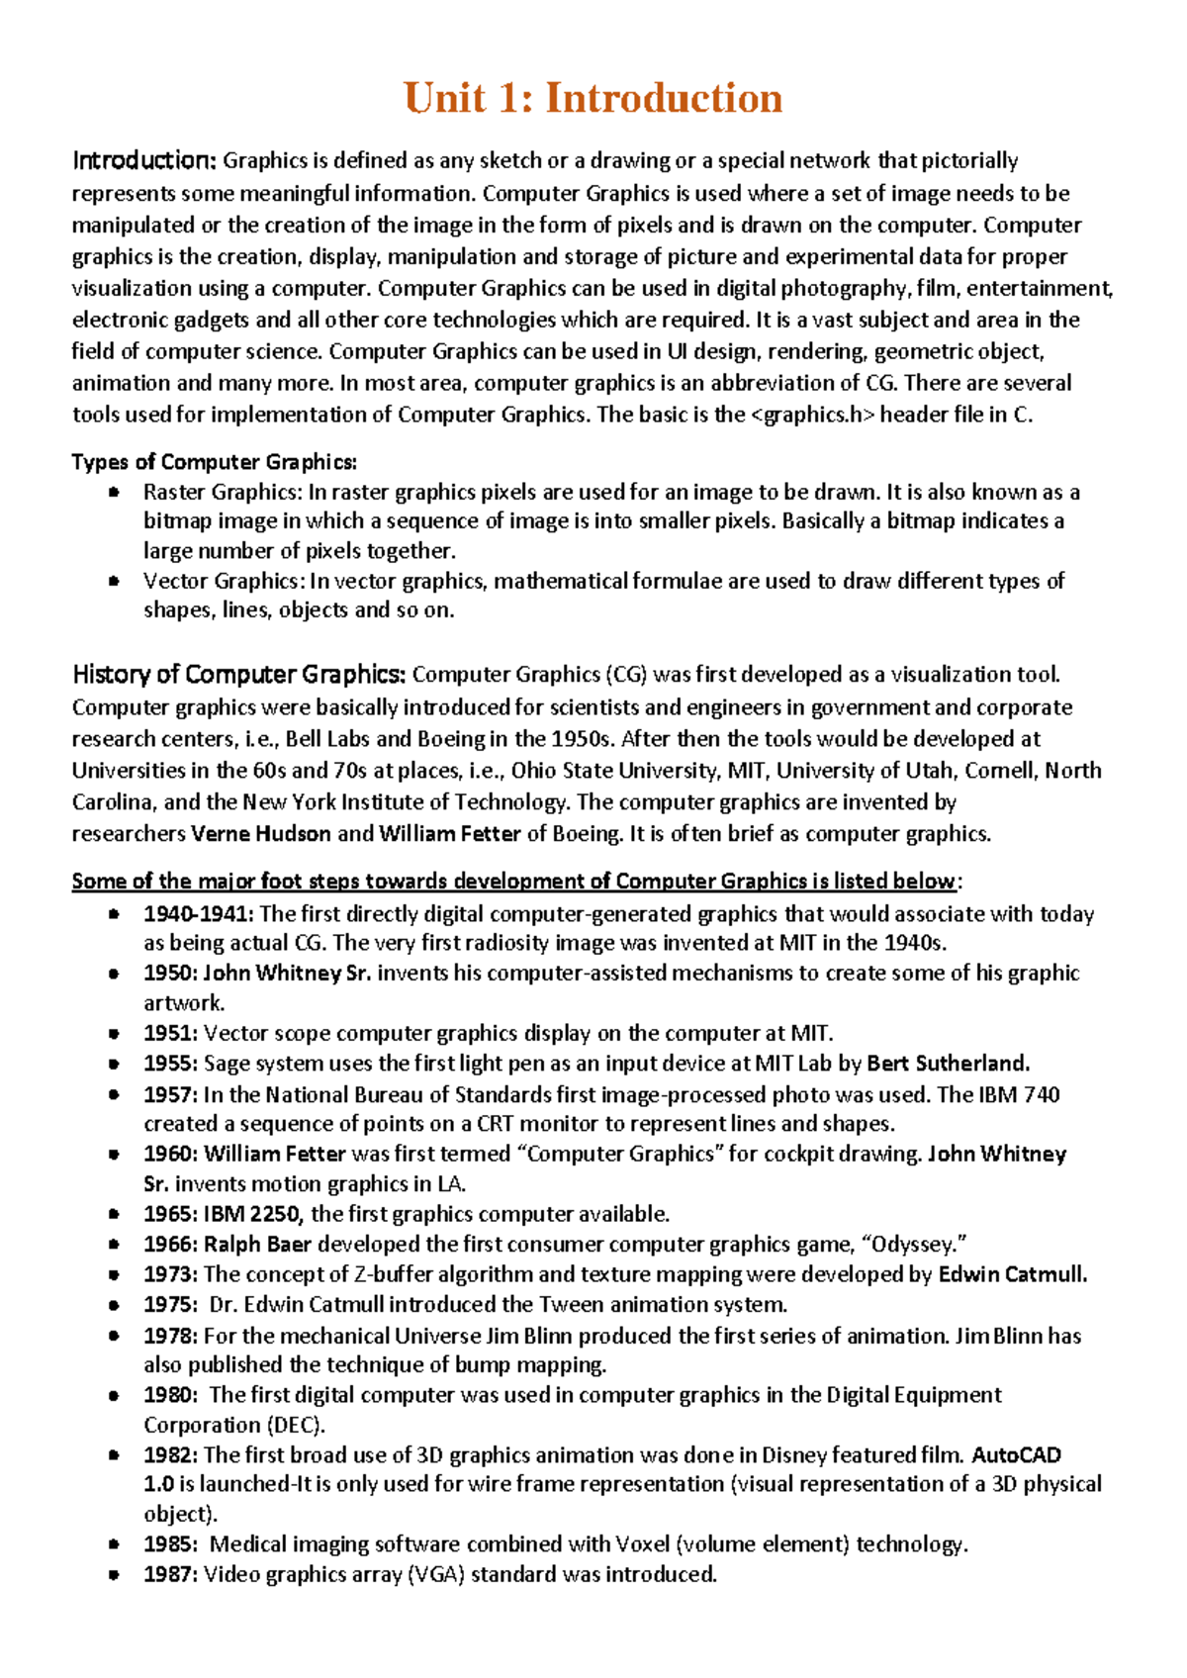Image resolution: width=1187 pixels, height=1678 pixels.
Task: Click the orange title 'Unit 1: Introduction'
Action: tap(593, 99)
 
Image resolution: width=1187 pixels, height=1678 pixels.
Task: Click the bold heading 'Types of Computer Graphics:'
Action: tap(214, 462)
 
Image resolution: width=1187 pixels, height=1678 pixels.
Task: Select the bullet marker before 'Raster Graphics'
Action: tap(114, 492)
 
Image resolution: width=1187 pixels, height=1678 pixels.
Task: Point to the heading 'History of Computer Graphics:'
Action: tap(238, 675)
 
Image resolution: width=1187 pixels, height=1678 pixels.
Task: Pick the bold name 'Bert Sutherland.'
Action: tap(948, 1064)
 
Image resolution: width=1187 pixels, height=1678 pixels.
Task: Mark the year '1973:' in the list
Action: tap(170, 1274)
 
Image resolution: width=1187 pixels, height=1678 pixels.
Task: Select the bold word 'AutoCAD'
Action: tap(1016, 1455)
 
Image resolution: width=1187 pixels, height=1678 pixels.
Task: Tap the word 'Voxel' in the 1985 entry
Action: tap(642, 1544)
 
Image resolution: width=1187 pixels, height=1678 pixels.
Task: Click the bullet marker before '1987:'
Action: tap(114, 1574)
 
